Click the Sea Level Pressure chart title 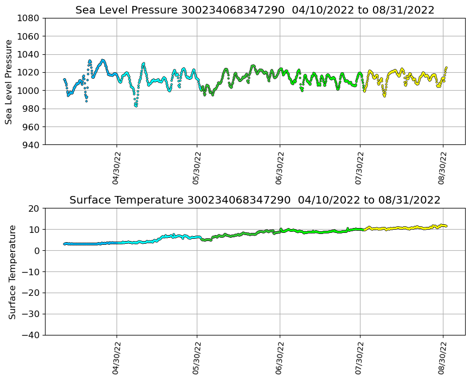pos(255,10)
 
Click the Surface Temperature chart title pos(255,200)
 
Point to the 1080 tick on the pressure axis pos(30,18)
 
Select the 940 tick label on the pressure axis pos(30,145)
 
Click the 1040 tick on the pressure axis pos(30,54)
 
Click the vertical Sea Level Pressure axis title pos(9,81)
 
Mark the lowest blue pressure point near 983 pos(136,106)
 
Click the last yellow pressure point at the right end pos(446,68)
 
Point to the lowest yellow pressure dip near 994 pos(384,96)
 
